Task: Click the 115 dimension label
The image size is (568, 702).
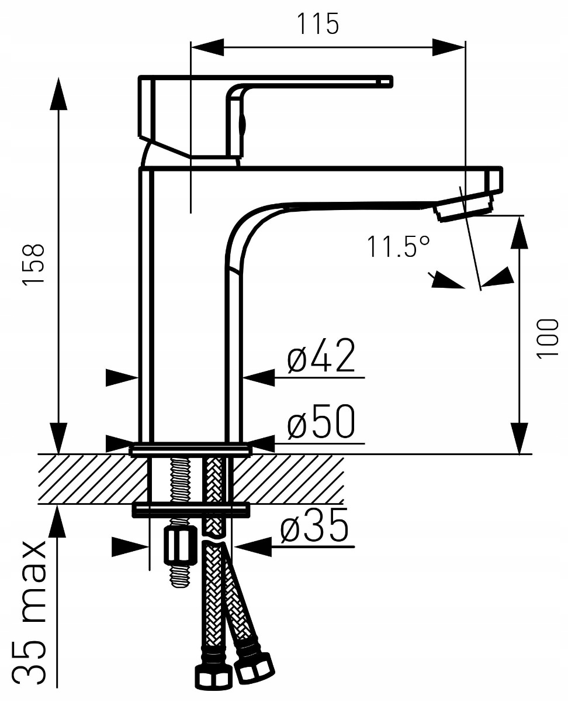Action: point(318,24)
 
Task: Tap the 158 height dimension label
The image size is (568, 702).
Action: point(34,265)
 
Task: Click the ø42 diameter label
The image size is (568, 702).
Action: point(321,357)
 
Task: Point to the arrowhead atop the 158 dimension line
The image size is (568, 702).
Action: point(58,94)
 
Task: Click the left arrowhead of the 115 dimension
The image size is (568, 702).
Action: point(207,47)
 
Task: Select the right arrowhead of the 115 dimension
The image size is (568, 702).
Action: point(449,47)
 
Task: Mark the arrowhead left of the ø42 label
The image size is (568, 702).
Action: point(258,378)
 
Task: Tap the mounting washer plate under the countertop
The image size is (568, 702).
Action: point(190,510)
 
